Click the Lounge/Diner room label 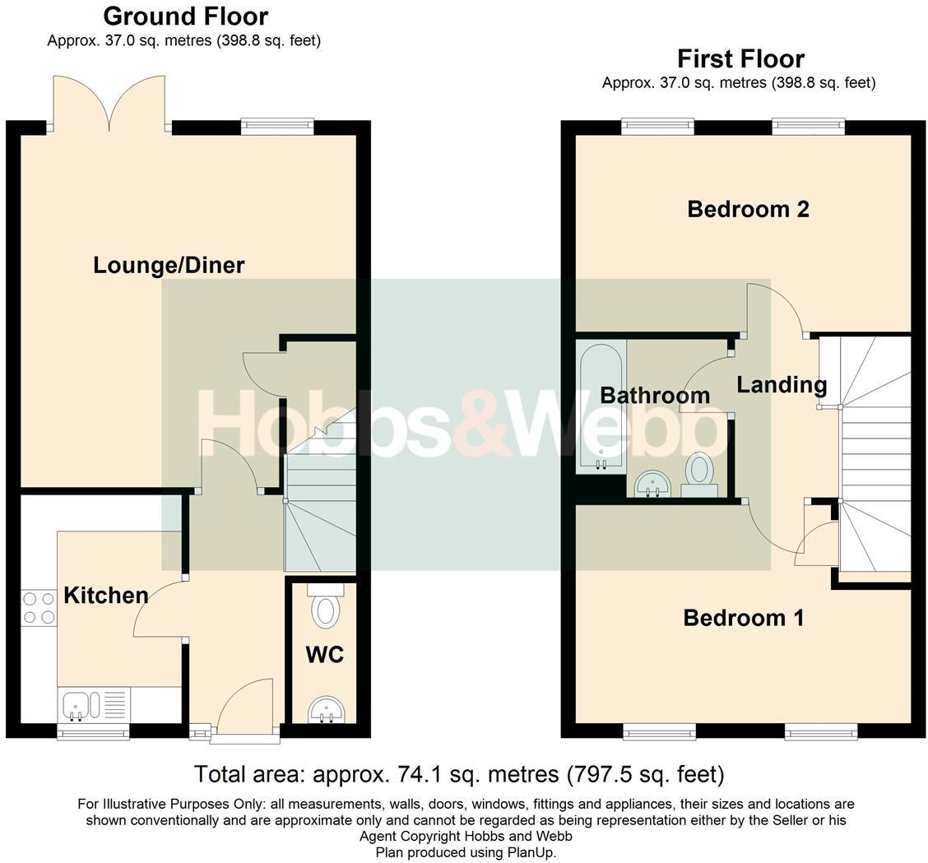coord(169,265)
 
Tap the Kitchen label coord(106,595)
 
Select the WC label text coord(324,655)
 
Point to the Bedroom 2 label coord(748,209)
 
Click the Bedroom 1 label coord(743,618)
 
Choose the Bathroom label coord(655,395)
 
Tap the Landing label coord(782,384)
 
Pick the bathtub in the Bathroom coord(601,407)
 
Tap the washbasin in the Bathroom coord(653,484)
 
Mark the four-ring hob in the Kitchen coord(38,608)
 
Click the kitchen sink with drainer coord(93,705)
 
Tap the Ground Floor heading coord(185,16)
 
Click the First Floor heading coord(740,58)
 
